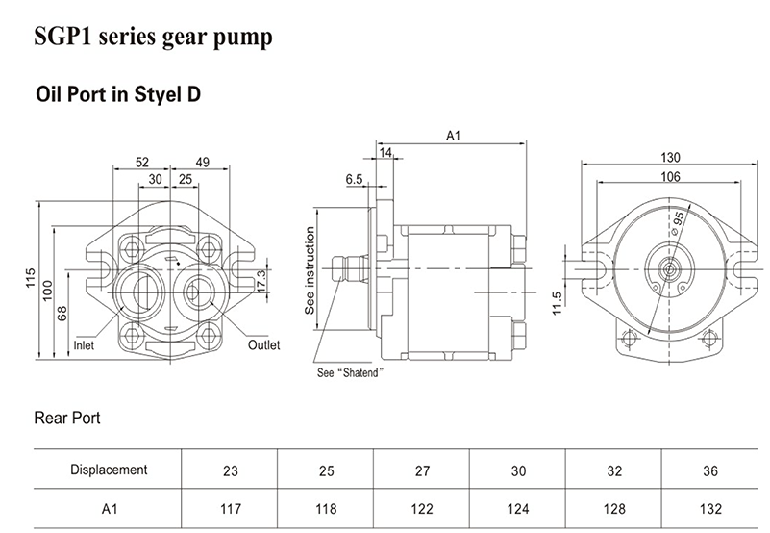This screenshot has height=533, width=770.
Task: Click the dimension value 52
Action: (142, 162)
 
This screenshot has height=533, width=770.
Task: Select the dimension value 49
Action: (202, 162)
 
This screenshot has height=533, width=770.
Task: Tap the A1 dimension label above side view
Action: (455, 137)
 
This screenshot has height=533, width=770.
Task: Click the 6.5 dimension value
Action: (353, 179)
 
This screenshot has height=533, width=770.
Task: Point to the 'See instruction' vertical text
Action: (310, 272)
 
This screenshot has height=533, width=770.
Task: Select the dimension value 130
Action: (670, 158)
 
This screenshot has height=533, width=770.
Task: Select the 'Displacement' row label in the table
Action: (109, 470)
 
